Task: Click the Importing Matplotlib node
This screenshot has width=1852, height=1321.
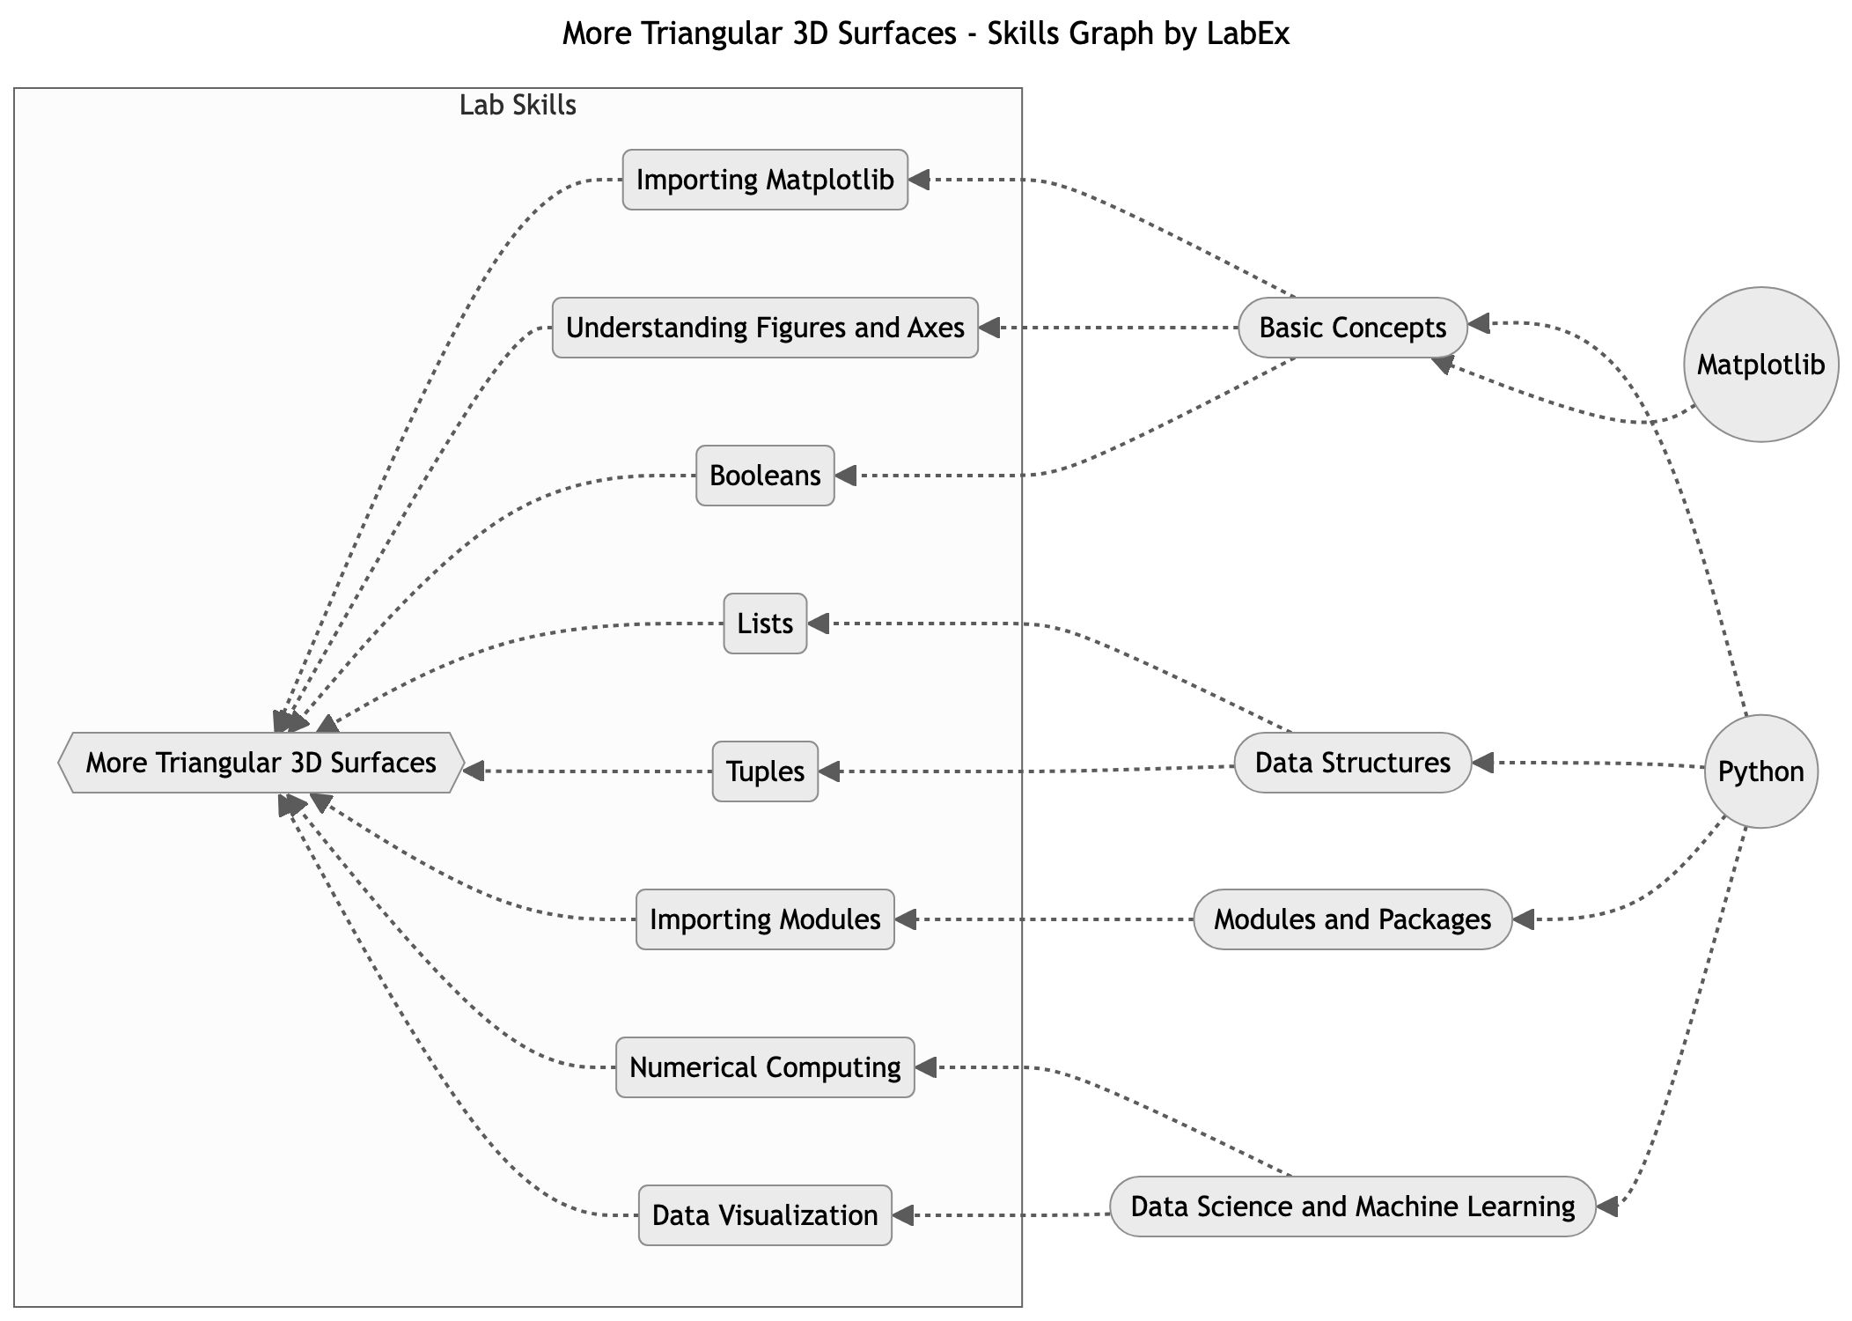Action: [x=764, y=180]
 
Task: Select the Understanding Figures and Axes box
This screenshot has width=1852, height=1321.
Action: [x=764, y=328]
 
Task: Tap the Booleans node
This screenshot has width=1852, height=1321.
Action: [x=764, y=476]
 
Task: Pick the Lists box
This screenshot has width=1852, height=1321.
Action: [x=764, y=624]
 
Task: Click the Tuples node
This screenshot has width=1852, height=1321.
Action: [x=764, y=771]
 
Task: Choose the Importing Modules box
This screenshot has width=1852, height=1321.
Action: [x=764, y=919]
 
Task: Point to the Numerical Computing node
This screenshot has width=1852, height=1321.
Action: [x=764, y=1067]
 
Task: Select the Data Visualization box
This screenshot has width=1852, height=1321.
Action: [x=764, y=1215]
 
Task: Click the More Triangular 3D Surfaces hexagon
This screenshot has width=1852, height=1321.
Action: [x=261, y=763]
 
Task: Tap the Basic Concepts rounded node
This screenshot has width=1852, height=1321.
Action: [x=1352, y=328]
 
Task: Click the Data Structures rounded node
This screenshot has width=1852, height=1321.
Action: [x=1352, y=763]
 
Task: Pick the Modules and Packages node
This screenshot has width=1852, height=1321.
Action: [x=1352, y=919]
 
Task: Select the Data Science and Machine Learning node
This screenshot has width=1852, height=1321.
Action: [x=1352, y=1207]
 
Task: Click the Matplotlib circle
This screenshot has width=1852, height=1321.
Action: [x=1760, y=365]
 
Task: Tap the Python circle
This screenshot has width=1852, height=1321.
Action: [x=1760, y=771]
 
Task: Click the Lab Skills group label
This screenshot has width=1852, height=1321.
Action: [x=518, y=106]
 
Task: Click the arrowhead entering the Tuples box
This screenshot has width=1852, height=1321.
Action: [x=829, y=772]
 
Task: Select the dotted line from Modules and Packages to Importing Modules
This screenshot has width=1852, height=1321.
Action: [x=1047, y=919]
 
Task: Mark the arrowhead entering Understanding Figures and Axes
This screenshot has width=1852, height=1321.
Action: [x=989, y=328]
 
